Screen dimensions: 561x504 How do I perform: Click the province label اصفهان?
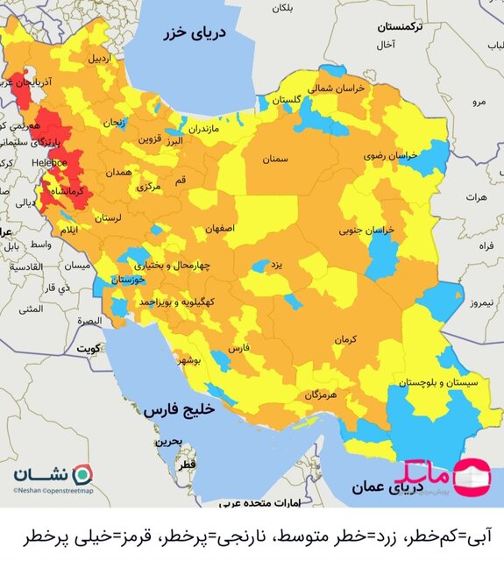[x=220, y=228]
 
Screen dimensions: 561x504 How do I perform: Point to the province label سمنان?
[x=274, y=160]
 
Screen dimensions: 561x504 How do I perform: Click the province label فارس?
[x=240, y=348]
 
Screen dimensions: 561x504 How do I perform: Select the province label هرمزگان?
[x=321, y=395]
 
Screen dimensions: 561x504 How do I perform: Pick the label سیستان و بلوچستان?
[x=438, y=382]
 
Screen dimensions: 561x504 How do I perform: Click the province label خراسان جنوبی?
[x=368, y=231]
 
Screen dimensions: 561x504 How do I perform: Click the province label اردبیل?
[x=98, y=59]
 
